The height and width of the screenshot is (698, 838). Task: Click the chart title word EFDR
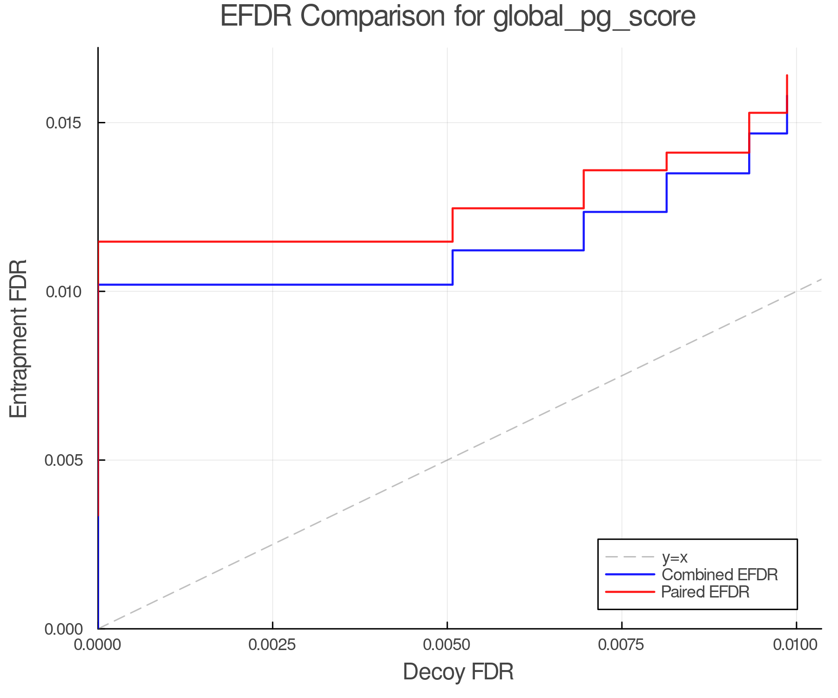coord(256,17)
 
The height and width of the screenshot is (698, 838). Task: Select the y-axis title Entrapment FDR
coord(19,338)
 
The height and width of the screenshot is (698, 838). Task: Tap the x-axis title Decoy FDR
coord(458,672)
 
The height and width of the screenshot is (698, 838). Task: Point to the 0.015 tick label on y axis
coord(63,123)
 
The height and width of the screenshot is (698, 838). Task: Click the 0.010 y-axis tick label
coord(63,292)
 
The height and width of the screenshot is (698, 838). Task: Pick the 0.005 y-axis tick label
coord(63,461)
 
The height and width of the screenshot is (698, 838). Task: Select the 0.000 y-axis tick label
coord(63,630)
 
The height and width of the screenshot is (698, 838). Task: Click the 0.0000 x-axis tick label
coord(98,645)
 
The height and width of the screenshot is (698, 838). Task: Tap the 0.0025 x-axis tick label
coord(272,645)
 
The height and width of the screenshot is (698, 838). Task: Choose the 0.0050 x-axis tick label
coord(447,645)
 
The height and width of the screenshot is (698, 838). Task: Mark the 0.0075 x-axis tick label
coord(622,645)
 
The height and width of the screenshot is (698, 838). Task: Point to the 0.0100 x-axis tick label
coord(796,645)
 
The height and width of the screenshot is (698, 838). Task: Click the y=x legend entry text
coord(675,557)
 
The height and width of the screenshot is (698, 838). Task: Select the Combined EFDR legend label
coord(720,575)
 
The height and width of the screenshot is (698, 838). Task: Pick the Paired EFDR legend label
coord(705,592)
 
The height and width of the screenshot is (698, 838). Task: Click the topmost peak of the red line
coord(787,75)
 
